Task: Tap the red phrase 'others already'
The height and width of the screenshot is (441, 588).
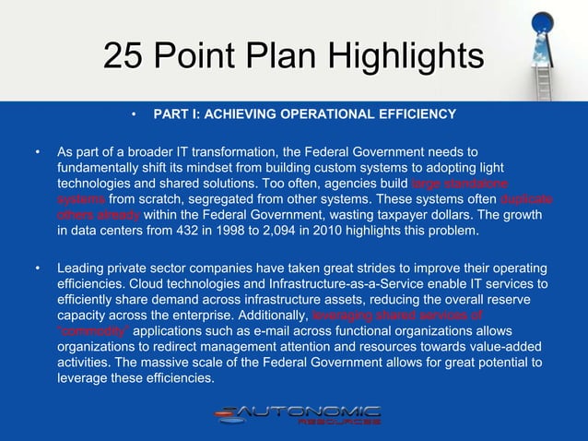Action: pyautogui.click(x=99, y=214)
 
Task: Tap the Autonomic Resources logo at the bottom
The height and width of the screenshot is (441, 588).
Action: pyautogui.click(x=297, y=415)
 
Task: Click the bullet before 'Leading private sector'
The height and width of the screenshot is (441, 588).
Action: pyautogui.click(x=37, y=268)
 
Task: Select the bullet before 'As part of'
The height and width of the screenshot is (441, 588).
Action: pyautogui.click(x=37, y=150)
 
